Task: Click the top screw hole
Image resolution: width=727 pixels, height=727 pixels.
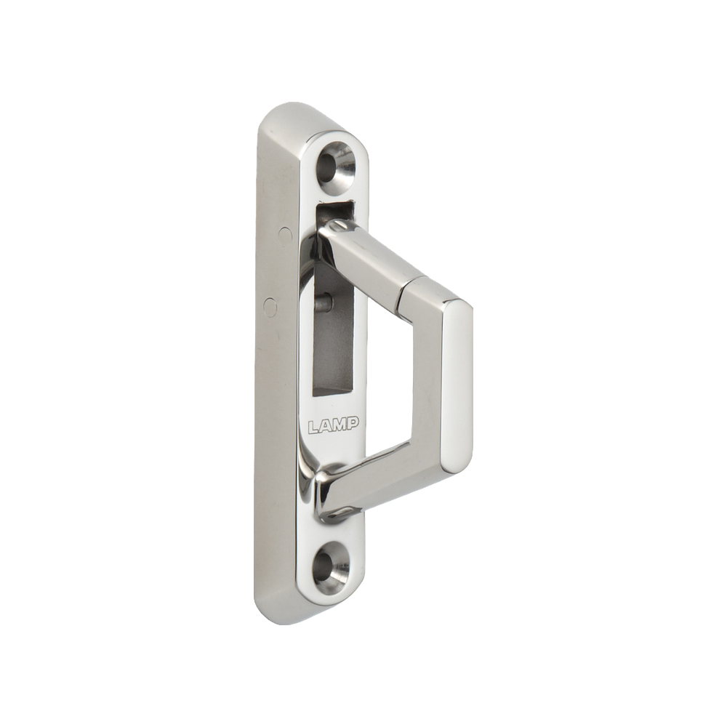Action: [x=334, y=164]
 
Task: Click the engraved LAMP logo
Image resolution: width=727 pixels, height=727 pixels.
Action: [x=334, y=425]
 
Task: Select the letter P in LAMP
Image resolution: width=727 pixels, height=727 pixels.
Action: [x=353, y=423]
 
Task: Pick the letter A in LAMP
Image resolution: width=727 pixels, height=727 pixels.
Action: [x=326, y=426]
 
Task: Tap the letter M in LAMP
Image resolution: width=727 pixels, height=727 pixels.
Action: [x=340, y=425]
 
